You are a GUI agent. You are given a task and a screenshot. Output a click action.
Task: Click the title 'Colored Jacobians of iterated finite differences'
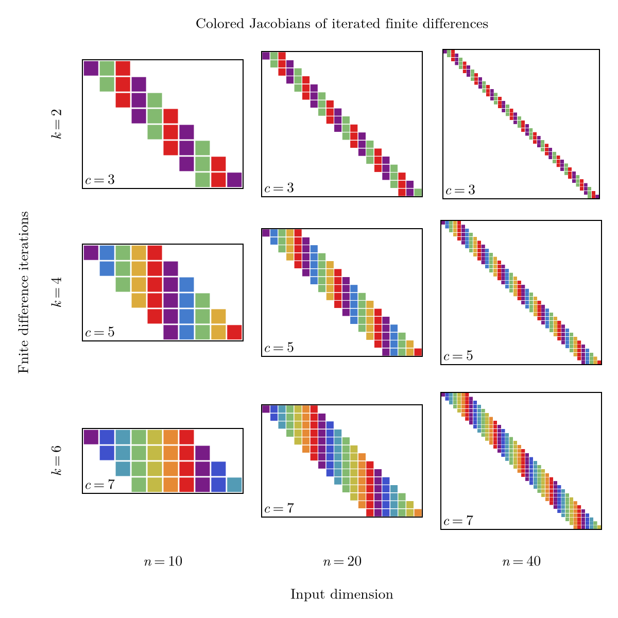tap(341, 24)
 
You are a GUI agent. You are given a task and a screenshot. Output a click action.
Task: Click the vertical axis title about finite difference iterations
tap(24, 293)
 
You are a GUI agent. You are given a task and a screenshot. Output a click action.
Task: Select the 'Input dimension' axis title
tap(341, 595)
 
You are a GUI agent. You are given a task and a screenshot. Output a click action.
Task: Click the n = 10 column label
tap(163, 562)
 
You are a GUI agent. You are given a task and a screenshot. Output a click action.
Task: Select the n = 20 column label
tap(341, 562)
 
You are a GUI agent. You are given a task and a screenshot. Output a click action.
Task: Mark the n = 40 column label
tap(521, 562)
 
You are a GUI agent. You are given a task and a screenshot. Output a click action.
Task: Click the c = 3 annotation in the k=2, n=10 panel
tap(99, 180)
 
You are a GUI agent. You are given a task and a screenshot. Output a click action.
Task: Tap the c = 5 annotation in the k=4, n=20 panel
tap(279, 348)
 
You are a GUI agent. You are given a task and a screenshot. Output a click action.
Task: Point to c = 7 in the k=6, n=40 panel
tap(458, 521)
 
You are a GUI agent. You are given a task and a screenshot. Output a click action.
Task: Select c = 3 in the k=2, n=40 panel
tap(460, 191)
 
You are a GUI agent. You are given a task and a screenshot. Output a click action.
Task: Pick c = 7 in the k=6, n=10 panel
tap(99, 485)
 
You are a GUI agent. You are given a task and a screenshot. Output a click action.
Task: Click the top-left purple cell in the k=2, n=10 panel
tap(91, 68)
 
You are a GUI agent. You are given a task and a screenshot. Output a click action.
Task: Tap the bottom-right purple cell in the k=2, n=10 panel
tap(234, 180)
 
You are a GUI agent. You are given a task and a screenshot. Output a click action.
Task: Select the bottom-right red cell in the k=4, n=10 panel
tap(234, 332)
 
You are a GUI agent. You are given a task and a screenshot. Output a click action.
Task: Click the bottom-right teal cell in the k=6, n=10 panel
tap(234, 485)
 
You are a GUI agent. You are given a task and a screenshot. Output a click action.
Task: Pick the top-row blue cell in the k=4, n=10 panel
tap(107, 252)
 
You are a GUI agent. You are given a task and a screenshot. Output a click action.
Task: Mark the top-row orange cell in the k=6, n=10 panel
tap(170, 437)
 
